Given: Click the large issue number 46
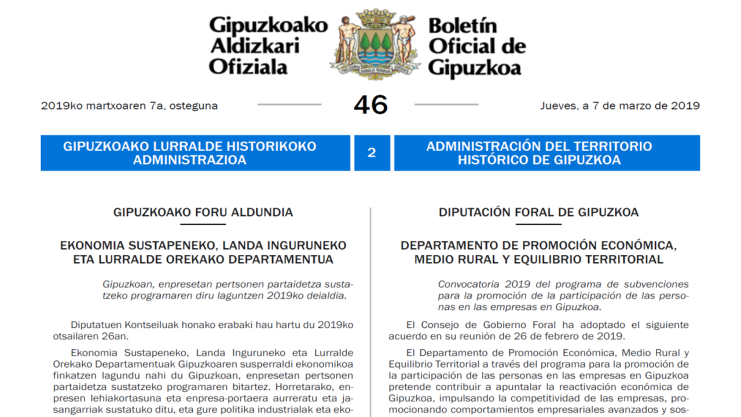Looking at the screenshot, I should coord(370,105).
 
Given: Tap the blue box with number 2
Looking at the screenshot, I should coord(372,153).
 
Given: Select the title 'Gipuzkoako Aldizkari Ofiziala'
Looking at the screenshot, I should coord(267,46).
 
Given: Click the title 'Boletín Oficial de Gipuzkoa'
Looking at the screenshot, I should coord(476,47).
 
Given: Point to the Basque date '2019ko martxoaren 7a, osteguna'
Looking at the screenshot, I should coord(129,106).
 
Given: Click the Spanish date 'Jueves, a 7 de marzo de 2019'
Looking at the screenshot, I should coord(619,106).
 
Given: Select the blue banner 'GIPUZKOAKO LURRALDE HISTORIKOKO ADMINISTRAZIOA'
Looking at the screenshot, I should coord(195,153).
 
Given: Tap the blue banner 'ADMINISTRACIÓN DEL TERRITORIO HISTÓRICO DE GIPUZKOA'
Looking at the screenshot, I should coord(546,153).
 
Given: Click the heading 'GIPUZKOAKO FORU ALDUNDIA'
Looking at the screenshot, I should coord(203,213).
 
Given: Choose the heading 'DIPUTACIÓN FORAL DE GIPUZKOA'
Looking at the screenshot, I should coord(538,213).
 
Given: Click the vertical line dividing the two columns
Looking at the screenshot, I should coord(370,313).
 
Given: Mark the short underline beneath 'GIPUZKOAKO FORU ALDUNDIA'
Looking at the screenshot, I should coord(203,224).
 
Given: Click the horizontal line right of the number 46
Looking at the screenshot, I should coord(446,105).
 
